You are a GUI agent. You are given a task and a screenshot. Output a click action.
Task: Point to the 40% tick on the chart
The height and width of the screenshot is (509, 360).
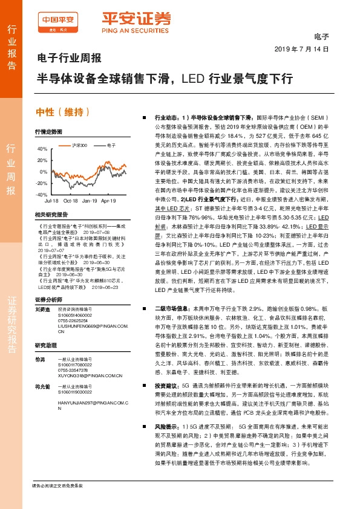(x=42, y=149)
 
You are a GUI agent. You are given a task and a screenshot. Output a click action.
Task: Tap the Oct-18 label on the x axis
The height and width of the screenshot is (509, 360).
(x=71, y=199)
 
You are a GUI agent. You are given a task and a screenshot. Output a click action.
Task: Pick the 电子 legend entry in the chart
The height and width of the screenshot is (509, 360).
(x=111, y=146)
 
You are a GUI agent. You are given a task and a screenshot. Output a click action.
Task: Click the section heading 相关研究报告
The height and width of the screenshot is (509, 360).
(x=51, y=215)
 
